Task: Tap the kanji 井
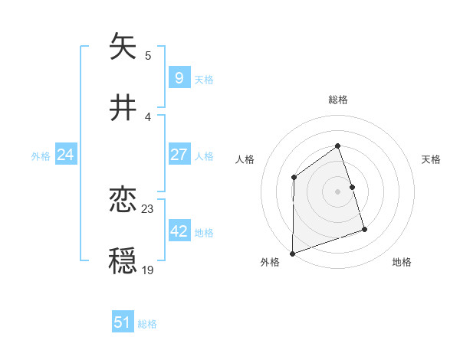[x=123, y=108]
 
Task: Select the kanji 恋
[x=123, y=200]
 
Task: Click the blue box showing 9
[x=179, y=77]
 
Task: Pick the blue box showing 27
[x=179, y=155]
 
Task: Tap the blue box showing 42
[x=179, y=231]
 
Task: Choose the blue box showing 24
[x=65, y=155]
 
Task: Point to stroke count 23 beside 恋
[x=148, y=208]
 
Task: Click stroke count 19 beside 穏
[x=148, y=270]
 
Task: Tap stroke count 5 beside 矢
[x=148, y=55]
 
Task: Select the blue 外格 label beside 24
[x=41, y=155]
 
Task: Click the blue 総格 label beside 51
[x=147, y=324]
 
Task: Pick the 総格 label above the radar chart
[x=338, y=100]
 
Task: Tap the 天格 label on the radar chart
[x=432, y=159]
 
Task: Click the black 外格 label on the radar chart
[x=270, y=262]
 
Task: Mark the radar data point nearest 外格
[x=292, y=254]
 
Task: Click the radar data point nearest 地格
[x=364, y=229]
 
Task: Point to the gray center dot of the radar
[x=337, y=191]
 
